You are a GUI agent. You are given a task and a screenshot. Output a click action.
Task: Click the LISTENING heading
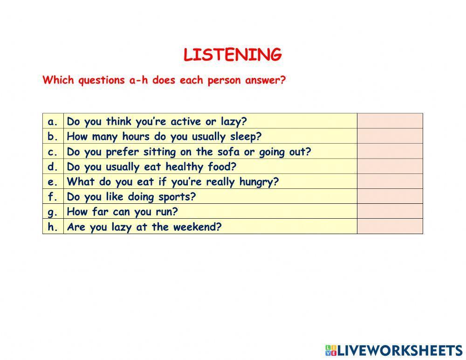pyautogui.click(x=233, y=55)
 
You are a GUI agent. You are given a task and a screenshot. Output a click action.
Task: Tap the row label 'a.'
pyautogui.click(x=53, y=122)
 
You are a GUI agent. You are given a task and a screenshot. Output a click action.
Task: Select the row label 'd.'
pyautogui.click(x=53, y=167)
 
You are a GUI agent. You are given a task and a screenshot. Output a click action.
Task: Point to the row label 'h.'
pyautogui.click(x=53, y=227)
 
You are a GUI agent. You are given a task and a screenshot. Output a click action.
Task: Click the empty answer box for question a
pyautogui.click(x=390, y=121)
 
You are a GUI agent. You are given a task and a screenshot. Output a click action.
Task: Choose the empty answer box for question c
pyautogui.click(x=390, y=152)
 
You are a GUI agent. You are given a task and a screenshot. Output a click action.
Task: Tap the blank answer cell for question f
pyautogui.click(x=390, y=196)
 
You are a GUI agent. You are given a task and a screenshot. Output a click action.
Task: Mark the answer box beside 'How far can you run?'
pyautogui.click(x=390, y=211)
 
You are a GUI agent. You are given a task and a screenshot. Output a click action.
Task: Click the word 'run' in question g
pyautogui.click(x=166, y=212)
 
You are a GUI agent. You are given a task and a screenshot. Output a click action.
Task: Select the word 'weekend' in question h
pyautogui.click(x=201, y=227)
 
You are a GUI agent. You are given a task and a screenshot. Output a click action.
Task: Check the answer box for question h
pyautogui.click(x=390, y=227)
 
